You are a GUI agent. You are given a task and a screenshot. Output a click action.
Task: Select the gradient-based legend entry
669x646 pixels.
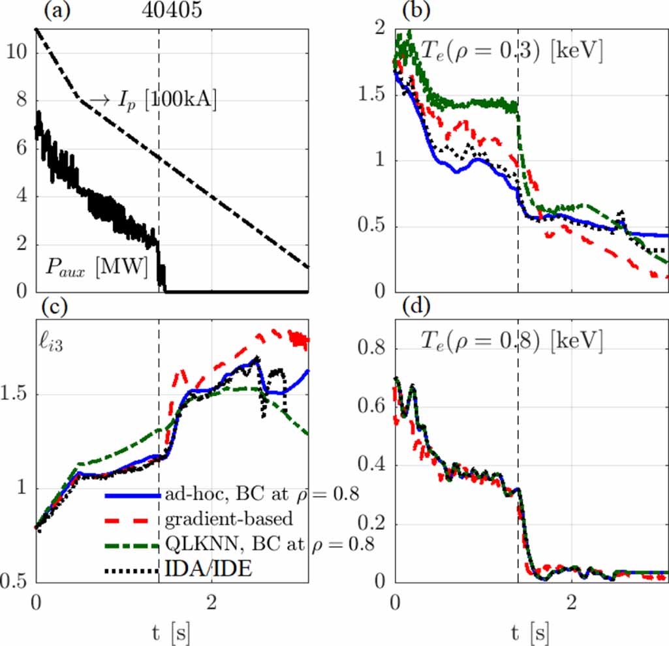(225, 520)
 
